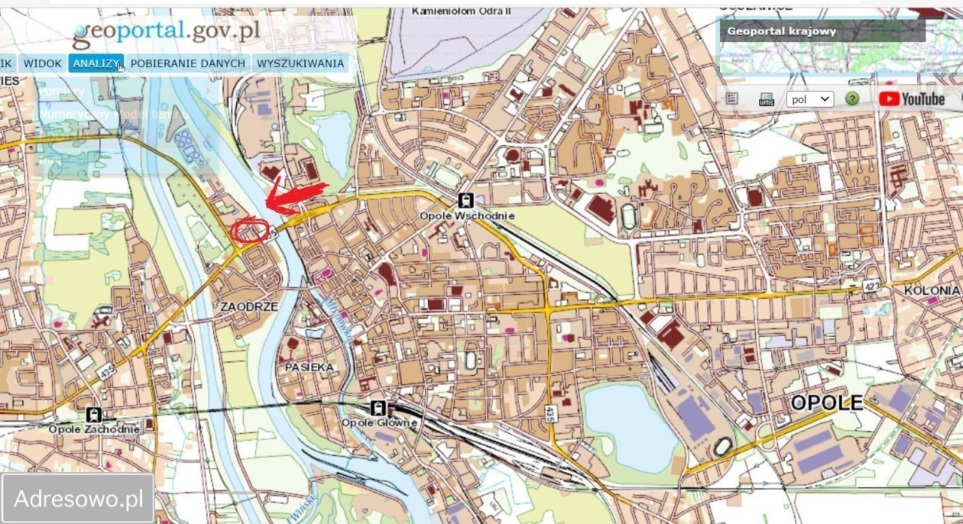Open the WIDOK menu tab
[x=42, y=63]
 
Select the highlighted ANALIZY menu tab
[x=96, y=63]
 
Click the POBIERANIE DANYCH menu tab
[x=187, y=63]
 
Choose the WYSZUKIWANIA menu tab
[x=300, y=63]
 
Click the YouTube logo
[x=911, y=98]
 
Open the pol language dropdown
[x=810, y=99]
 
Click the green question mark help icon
[x=852, y=99]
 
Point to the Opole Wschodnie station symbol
[x=466, y=201]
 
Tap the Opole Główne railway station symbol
[x=378, y=408]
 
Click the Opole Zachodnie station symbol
[x=94, y=414]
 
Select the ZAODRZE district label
[x=249, y=307]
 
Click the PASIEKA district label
[x=308, y=367]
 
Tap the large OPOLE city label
[x=826, y=403]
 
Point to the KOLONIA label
[x=931, y=290]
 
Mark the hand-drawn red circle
[x=250, y=230]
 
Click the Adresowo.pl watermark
[x=78, y=498]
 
